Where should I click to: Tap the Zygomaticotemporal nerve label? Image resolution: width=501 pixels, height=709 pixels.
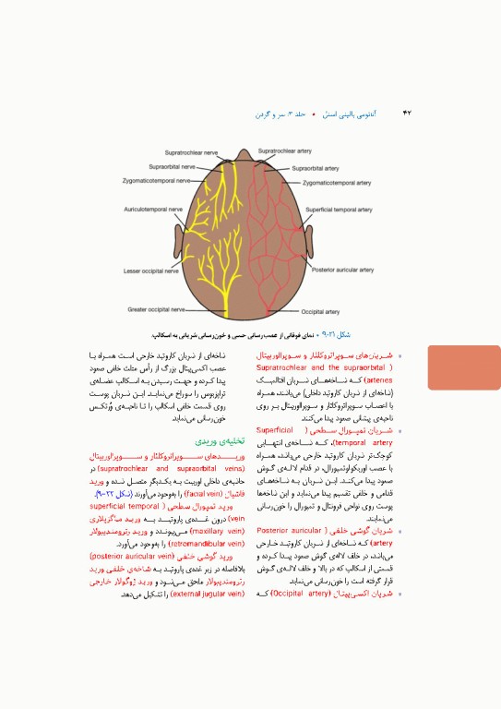tap(155, 181)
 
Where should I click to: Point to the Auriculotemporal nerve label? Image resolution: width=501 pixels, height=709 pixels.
tap(154, 210)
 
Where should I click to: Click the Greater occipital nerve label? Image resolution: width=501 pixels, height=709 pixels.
tap(157, 309)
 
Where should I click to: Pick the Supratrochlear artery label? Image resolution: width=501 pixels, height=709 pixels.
tap(285, 150)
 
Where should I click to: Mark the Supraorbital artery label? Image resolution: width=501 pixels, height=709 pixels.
tap(316, 169)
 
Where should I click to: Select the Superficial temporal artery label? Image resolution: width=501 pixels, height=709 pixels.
tap(340, 210)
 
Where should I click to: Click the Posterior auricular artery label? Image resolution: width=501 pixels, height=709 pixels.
tap(343, 270)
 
